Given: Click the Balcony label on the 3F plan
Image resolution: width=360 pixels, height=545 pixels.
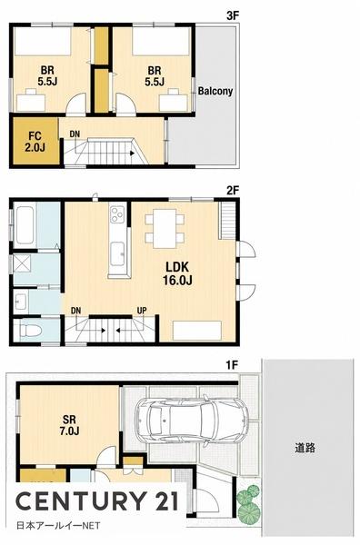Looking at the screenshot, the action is tap(215, 91).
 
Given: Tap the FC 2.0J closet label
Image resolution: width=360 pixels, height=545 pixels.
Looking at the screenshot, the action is tap(35, 142).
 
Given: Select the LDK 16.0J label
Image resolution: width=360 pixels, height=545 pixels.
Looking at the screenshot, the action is tap(177, 273).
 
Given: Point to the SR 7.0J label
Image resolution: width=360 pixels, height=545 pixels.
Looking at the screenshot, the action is tap(70, 425).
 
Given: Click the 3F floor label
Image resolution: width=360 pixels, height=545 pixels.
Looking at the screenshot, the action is tap(233, 15).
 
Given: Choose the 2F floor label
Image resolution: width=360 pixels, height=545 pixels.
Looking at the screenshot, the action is tap(233, 191).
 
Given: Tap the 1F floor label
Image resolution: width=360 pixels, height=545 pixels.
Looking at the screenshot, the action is tap(232, 365).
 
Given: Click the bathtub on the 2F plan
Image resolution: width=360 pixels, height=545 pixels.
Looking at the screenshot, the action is tap(25, 225).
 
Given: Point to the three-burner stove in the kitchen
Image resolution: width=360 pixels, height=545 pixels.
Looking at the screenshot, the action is tap(117, 214).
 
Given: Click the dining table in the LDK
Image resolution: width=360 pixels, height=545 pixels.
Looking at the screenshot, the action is tap(165, 228).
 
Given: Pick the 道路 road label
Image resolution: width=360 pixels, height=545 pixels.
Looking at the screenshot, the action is tap(305, 448).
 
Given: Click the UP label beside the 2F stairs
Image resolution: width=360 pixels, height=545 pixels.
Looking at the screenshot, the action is tap(142, 311).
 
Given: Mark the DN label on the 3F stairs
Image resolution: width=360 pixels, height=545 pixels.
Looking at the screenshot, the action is tap(75, 134).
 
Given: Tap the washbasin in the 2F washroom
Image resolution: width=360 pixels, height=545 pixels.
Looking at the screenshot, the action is tap(21, 301).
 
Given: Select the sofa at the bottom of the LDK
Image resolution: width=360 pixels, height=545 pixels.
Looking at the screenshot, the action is tap(197, 331).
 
